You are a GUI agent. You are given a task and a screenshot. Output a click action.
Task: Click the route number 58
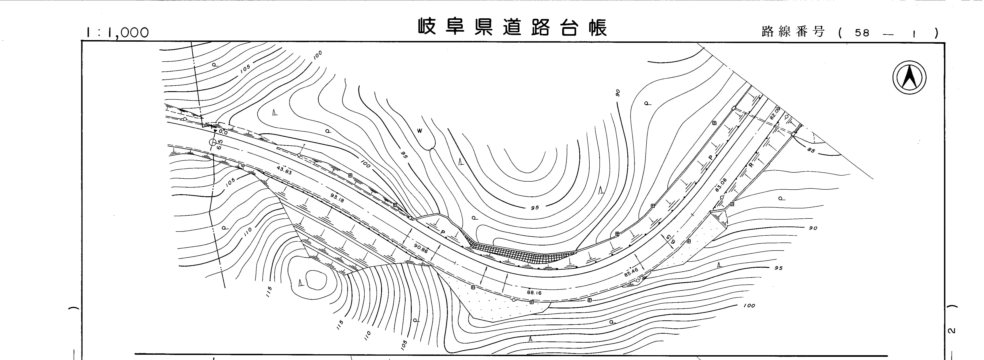tap(862, 33)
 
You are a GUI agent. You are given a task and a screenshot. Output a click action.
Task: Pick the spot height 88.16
tap(534, 293)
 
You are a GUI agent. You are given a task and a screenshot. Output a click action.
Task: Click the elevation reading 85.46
tap(631, 272)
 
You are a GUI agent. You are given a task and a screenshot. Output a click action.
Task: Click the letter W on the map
tap(419, 131)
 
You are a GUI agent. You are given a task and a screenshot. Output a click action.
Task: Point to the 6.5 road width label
tap(220, 145)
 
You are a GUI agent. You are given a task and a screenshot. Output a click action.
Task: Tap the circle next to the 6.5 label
tap(212, 142)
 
